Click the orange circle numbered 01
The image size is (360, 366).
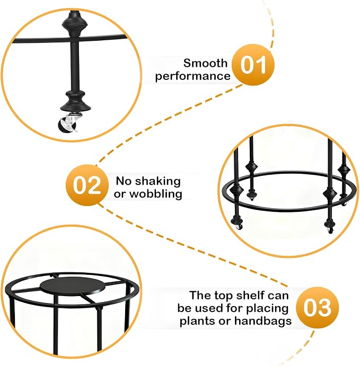click(253, 65)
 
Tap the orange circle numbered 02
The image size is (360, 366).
click(87, 185)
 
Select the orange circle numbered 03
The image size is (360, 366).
click(317, 307)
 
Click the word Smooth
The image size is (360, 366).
click(205, 63)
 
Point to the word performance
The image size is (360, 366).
click(193, 76)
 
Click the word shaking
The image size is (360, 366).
click(158, 181)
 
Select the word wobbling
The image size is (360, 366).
click(156, 194)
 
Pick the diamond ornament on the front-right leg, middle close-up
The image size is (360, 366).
click(330, 193)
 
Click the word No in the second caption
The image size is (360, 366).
click(124, 181)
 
